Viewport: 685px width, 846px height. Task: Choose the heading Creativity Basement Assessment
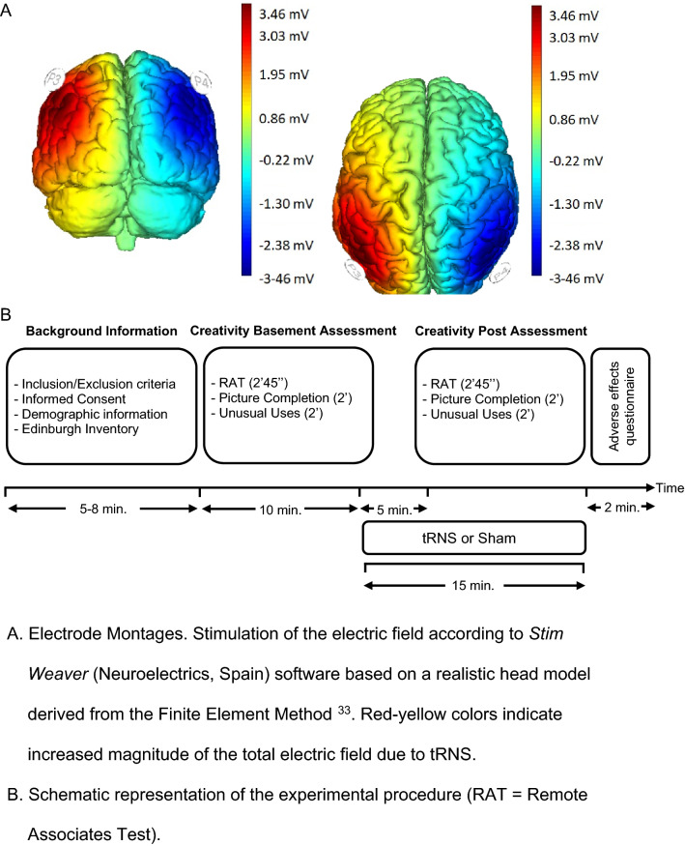[293, 330]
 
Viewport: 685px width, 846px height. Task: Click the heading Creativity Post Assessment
[500, 330]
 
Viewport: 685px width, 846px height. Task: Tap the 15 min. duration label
[472, 585]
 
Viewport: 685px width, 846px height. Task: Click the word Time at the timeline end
[670, 487]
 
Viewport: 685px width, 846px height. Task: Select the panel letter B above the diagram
[10, 314]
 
